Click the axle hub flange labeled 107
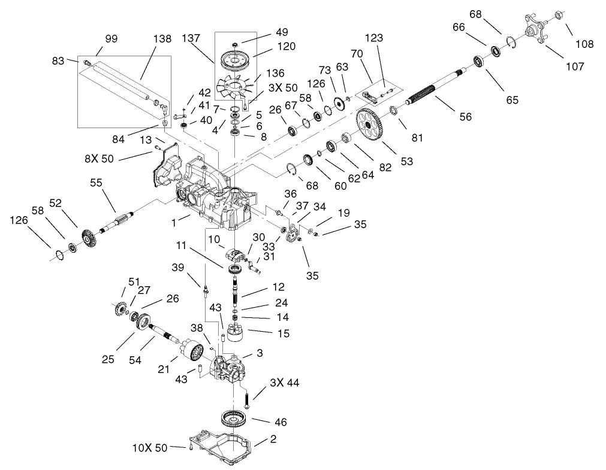537,30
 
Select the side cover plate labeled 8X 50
168,166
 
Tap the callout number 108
584,44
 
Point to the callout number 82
385,167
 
